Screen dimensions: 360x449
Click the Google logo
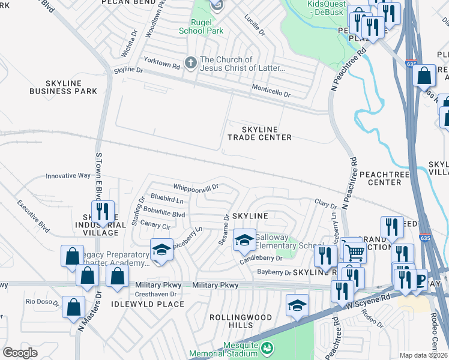click(20, 352)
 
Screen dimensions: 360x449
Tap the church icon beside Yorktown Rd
click(190, 62)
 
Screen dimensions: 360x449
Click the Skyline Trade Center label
click(259, 133)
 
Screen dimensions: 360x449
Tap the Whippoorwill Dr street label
click(196, 187)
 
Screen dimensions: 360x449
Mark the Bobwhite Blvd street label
click(168, 214)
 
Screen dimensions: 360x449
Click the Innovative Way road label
click(68, 176)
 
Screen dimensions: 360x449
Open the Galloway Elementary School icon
click(244, 240)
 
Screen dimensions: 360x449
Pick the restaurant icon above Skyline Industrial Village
click(101, 211)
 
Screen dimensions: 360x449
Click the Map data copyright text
click(423, 355)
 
